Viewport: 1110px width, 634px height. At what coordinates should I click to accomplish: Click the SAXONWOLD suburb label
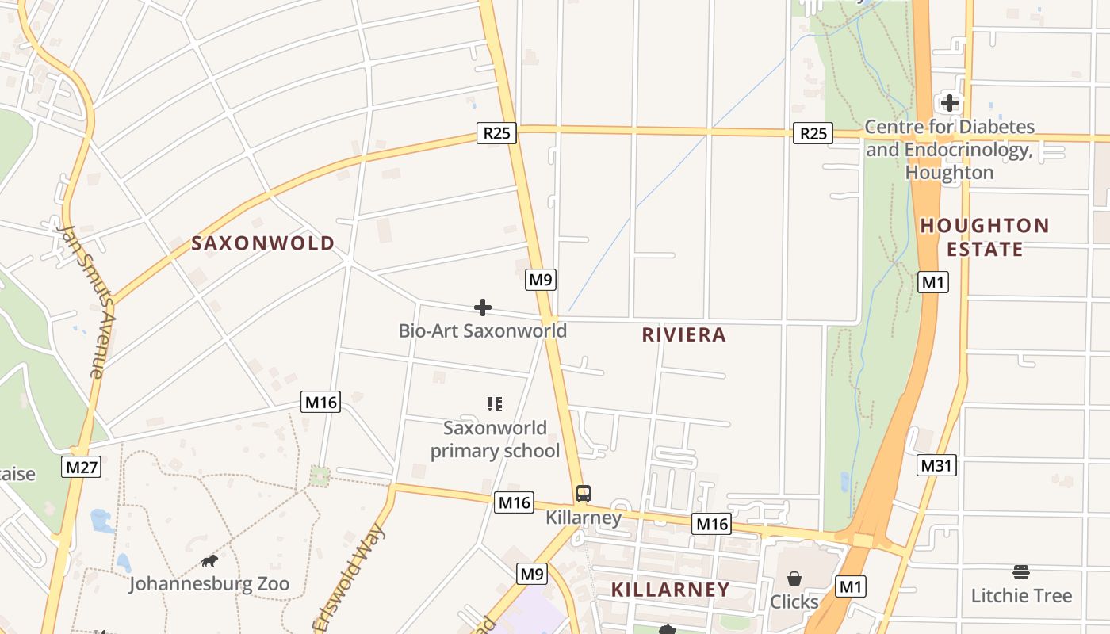pos(263,243)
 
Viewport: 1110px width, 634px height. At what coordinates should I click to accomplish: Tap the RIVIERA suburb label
pos(683,335)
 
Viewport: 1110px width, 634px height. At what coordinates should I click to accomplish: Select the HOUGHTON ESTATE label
pos(985,237)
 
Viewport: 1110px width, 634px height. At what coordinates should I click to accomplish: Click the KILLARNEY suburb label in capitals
pos(670,590)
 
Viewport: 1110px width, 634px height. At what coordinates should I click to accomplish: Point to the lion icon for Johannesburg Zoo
pos(209,561)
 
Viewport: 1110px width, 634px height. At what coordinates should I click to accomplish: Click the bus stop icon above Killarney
pos(584,494)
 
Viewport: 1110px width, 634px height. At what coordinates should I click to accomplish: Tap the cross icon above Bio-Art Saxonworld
pos(482,307)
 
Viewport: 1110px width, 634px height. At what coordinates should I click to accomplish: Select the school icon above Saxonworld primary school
pos(495,404)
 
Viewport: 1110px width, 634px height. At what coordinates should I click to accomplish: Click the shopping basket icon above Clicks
pos(794,579)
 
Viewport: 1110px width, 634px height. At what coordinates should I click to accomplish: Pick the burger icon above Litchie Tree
pos(1021,572)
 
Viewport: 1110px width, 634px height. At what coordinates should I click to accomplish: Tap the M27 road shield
pos(82,467)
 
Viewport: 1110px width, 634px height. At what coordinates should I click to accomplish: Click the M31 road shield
pos(936,465)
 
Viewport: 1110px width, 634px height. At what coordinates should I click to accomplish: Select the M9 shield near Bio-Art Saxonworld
pos(540,279)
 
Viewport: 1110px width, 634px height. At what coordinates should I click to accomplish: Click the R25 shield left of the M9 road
pos(496,132)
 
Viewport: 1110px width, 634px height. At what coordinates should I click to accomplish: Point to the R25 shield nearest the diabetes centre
pos(813,133)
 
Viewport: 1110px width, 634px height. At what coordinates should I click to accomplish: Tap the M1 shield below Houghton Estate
pos(933,282)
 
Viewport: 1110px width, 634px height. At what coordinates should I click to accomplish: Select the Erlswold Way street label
pos(350,579)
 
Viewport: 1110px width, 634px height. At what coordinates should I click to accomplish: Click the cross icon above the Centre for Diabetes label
pos(949,103)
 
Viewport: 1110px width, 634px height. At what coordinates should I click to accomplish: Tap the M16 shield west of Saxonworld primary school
pos(321,402)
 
